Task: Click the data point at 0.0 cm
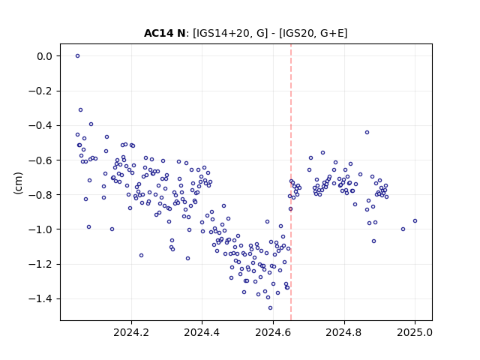[77, 56]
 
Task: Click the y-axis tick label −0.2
[40, 91]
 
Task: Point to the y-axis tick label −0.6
[40, 160]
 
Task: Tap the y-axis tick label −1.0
[40, 229]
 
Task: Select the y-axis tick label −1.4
[40, 298]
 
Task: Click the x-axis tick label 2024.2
[131, 332]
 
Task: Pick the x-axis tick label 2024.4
[202, 332]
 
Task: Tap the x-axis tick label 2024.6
[273, 332]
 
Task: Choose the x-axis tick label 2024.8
[344, 332]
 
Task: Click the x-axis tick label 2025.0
[415, 332]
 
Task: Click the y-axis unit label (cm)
[18, 183]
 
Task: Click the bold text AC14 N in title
[165, 33]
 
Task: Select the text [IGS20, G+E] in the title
[313, 33]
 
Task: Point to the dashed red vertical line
[291, 182]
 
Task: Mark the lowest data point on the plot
[270, 308]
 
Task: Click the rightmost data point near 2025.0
[415, 221]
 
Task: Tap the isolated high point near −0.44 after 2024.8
[367, 133]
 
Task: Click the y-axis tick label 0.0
[45, 56]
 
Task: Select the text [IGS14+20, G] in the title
[230, 33]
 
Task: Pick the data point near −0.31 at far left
[80, 110]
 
